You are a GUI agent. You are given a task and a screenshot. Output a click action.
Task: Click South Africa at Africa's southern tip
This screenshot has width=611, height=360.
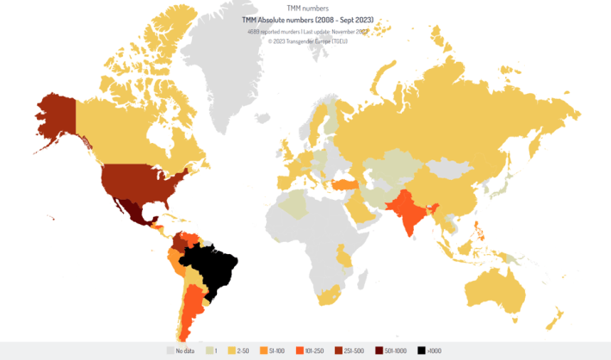(x=326, y=297)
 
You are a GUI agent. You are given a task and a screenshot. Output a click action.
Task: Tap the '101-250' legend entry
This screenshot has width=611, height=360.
(x=315, y=351)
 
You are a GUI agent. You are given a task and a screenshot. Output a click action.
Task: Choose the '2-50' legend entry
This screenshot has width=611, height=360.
(x=242, y=351)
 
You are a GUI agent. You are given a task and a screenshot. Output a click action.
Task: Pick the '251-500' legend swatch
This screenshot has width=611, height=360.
(x=339, y=351)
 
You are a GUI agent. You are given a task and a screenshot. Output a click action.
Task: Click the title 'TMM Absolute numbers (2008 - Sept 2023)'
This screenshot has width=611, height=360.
(x=305, y=19)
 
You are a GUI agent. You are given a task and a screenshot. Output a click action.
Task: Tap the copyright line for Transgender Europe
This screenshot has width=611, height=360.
(x=305, y=40)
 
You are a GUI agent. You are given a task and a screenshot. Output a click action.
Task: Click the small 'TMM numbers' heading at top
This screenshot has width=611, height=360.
(x=305, y=7)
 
